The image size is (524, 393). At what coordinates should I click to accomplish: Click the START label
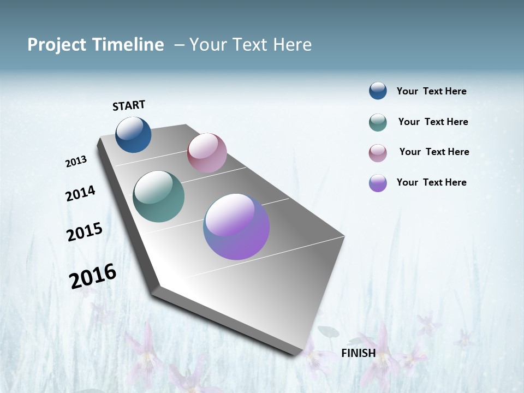129,105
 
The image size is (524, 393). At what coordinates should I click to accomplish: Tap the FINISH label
358,353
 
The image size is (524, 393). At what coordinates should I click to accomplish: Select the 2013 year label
76,162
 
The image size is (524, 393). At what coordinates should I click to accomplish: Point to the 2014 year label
80,194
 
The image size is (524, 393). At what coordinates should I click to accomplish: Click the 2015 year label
85,232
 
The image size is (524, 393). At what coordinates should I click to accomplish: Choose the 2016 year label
93,276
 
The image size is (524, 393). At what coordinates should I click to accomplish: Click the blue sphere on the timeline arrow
133,134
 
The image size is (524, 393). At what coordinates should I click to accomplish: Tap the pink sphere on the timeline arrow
207,153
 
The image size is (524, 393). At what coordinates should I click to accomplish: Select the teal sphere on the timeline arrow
158,196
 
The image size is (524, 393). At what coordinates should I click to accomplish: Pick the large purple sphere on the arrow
236,227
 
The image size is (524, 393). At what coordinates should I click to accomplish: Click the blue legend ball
378,91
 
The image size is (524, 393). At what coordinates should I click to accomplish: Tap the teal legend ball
378,122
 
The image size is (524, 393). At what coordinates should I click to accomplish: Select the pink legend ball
378,153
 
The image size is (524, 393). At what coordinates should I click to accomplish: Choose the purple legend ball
378,183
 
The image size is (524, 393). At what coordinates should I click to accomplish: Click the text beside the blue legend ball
431,92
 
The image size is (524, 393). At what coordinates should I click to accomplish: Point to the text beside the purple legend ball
431,182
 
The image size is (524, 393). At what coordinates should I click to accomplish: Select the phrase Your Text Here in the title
251,45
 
